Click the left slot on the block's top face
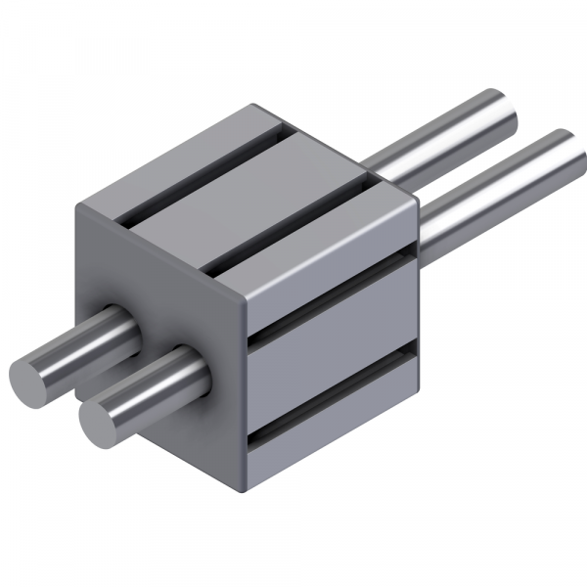point(201,176)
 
